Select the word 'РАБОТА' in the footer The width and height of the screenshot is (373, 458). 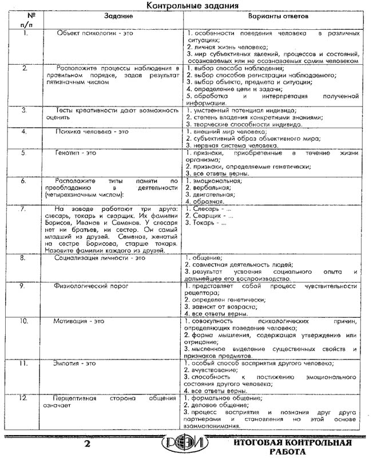pyautogui.click(x=297, y=451)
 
